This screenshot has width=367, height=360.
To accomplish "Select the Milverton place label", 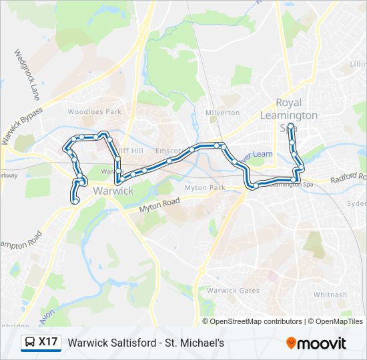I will pos(222,113).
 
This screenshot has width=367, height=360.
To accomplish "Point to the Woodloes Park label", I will pos(95,112).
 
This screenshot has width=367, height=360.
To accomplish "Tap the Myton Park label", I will pos(206,188).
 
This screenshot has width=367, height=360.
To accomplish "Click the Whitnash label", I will pos(330,295).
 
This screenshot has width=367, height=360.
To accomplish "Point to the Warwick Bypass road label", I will pos(21,125).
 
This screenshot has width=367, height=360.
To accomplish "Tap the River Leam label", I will pos(257,155).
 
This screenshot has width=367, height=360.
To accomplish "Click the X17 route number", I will pos(48,343).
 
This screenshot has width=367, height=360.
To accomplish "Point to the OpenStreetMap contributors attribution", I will pos(256,321).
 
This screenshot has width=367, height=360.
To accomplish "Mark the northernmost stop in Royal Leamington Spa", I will pos(292,125).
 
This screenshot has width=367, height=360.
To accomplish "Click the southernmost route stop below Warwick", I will pos(75,201).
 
